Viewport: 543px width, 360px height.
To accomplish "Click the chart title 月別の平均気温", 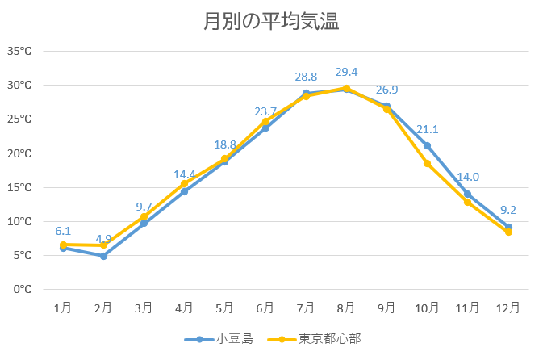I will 270,22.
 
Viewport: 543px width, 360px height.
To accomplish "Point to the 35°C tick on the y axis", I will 19,51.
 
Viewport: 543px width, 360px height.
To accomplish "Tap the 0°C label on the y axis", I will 22,289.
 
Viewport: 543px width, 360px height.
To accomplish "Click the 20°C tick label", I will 19,153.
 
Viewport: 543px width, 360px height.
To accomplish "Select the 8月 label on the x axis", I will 346,308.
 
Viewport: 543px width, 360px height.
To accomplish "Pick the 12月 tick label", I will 507,308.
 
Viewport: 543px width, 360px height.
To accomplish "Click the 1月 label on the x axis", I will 63,308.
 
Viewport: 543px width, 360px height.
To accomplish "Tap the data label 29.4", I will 346,72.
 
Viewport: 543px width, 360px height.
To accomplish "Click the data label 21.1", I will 427,129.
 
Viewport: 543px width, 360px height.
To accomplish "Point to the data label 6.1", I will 63,231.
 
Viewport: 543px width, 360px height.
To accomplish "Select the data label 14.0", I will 467,178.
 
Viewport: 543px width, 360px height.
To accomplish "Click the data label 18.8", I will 225,144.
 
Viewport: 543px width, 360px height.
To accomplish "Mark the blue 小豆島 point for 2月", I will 103,256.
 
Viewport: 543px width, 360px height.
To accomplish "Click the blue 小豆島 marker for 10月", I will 427,145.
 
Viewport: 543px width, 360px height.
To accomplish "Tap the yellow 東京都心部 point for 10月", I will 427,163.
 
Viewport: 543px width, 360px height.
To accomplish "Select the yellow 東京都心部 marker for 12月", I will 508,232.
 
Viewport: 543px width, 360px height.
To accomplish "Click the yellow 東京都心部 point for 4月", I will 184,184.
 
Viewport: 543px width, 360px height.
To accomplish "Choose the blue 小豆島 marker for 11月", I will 467,194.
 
